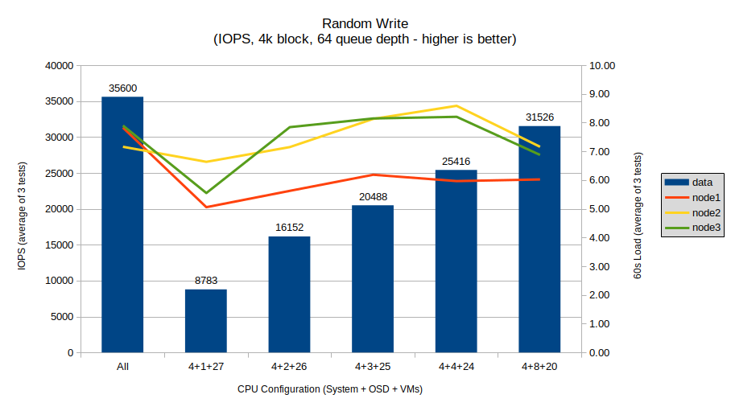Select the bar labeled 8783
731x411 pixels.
[x=206, y=321]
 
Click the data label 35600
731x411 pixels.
[x=122, y=88]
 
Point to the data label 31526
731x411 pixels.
[x=539, y=117]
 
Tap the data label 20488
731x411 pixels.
[x=373, y=197]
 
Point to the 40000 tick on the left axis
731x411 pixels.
[x=60, y=66]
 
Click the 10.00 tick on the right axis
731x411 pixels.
[x=602, y=66]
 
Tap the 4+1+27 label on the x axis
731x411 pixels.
[x=206, y=367]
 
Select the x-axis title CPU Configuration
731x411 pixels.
[x=330, y=389]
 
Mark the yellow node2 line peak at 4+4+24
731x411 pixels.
[x=456, y=105]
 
